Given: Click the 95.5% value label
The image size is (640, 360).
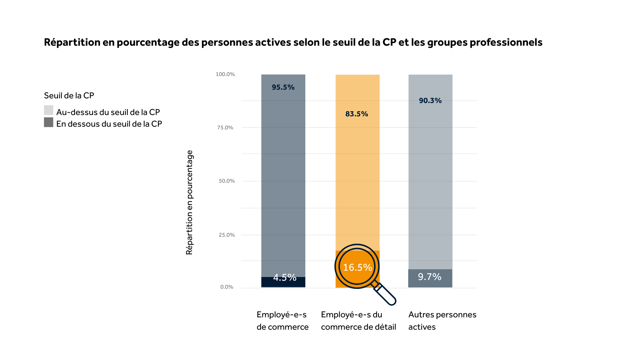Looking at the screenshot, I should tap(283, 87).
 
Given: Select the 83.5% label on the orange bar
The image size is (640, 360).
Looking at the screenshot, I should tap(357, 114).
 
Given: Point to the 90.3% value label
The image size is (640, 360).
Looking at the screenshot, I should tap(430, 101).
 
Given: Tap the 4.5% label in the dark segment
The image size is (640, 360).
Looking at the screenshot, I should tap(285, 277).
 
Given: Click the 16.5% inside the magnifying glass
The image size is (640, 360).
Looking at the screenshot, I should tap(357, 267).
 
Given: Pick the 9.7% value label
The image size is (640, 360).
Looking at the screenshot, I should tap(430, 277).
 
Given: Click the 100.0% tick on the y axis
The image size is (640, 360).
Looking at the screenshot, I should tap(225, 74).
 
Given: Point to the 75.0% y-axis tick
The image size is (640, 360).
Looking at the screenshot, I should tap(225, 128).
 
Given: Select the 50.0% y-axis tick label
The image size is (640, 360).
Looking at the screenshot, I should tap(227, 181).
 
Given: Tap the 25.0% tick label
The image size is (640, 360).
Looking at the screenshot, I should tap(227, 235).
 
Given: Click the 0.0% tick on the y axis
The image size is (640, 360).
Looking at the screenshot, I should tap(227, 287).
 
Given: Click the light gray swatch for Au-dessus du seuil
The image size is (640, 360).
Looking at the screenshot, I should tap(49, 110).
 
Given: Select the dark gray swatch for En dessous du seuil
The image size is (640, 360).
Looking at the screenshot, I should tap(49, 122).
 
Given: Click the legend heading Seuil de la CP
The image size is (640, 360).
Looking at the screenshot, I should tap(69, 96).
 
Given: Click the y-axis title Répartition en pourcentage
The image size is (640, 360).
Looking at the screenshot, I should tap(189, 202).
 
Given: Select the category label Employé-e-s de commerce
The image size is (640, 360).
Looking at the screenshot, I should tap(282, 321).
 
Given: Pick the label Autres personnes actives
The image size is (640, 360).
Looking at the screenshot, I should tap(442, 321).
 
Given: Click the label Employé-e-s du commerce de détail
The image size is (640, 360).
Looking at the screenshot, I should tap(358, 321).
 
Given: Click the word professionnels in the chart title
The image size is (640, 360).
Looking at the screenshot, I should tap(506, 42).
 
